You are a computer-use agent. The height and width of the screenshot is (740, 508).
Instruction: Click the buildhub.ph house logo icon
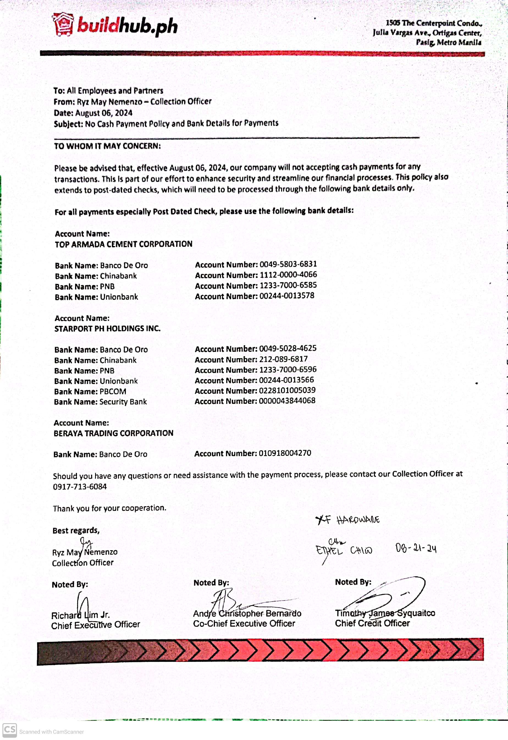coord(63,24)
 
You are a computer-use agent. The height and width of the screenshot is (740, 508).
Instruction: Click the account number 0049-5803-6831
coord(288,264)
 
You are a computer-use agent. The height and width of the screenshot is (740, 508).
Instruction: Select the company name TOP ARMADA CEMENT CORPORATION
coord(123,244)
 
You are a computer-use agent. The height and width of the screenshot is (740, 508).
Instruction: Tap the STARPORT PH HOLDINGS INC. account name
coord(107,328)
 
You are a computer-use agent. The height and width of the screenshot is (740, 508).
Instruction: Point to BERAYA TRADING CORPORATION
coord(113,433)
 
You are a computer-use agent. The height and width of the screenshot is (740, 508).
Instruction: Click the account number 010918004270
coord(285,453)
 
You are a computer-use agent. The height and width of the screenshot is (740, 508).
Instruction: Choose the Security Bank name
coord(123,402)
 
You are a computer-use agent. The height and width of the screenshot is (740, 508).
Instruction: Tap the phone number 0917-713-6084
coord(79,486)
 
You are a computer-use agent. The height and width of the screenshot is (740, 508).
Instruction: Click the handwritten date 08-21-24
coord(415,548)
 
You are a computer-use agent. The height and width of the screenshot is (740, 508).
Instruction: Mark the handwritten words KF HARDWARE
coord(347,520)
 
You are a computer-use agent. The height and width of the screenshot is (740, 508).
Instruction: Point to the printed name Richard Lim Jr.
coord(80,615)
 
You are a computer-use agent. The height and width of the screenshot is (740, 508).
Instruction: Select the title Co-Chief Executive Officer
coord(244,623)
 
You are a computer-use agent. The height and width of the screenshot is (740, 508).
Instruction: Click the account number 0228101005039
coord(287,390)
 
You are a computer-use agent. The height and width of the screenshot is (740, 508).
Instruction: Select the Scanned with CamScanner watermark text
coord(52,732)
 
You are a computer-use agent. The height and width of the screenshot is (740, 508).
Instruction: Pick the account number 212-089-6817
coord(283,359)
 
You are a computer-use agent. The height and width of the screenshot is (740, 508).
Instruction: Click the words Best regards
coord(76,530)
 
